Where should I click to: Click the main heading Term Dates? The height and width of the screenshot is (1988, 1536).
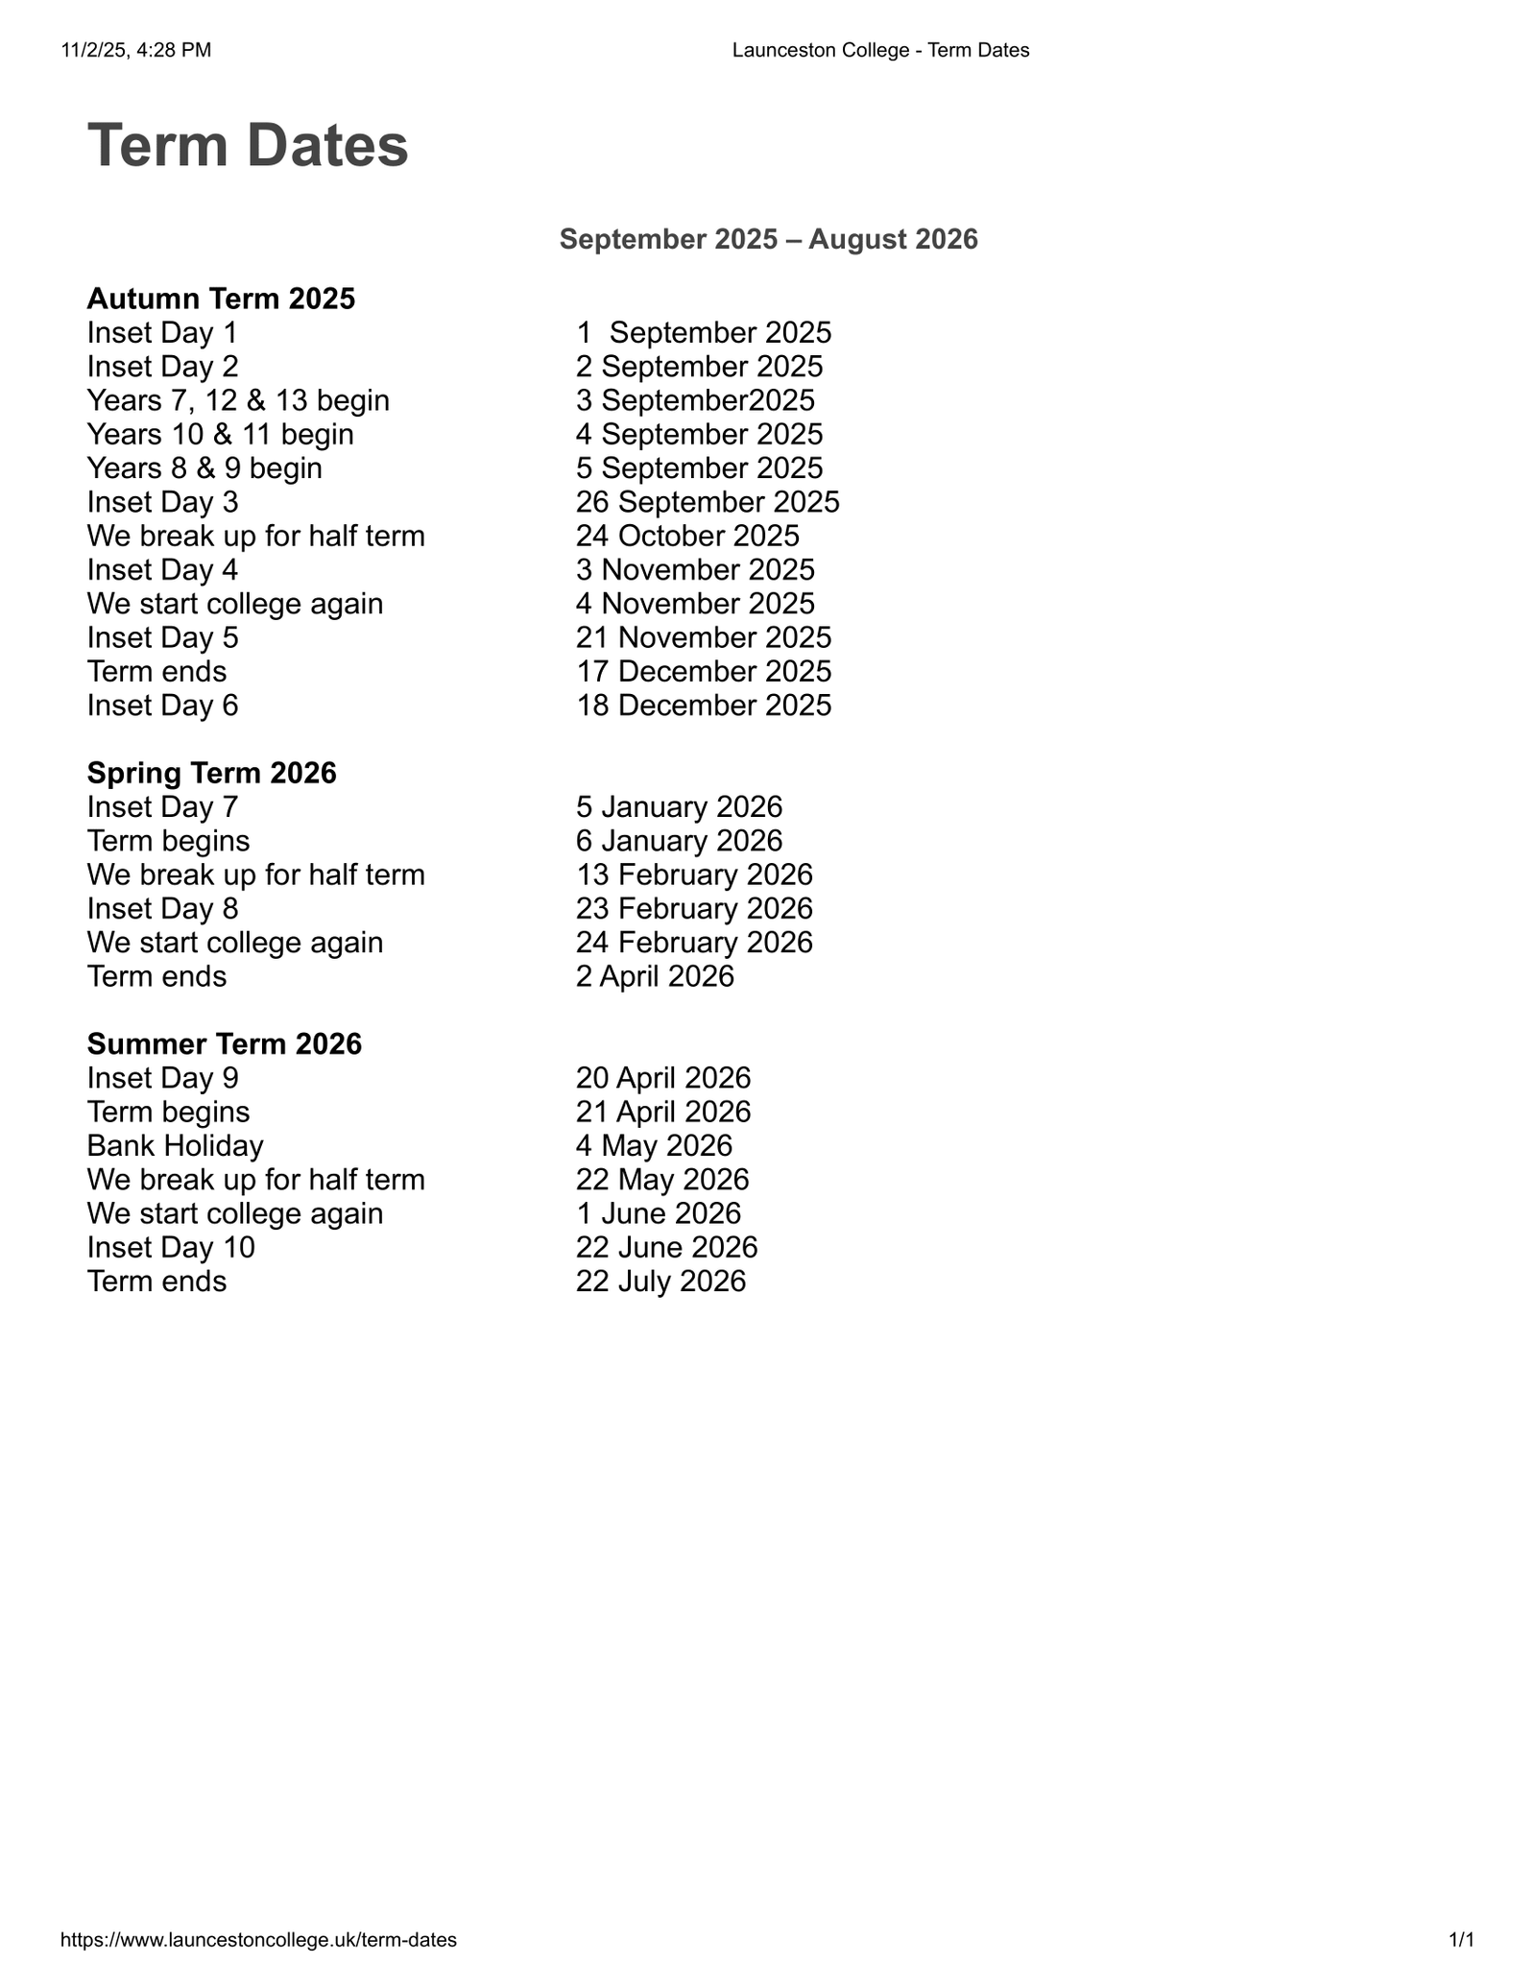tap(248, 146)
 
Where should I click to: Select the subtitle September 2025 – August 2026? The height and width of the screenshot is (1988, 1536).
tap(768, 239)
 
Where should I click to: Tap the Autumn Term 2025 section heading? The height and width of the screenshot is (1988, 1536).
tap(221, 299)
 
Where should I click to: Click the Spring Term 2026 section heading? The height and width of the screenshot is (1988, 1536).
tap(211, 773)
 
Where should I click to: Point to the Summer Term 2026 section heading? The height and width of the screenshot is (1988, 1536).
tap(224, 1043)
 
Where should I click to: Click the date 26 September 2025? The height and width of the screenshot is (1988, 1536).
tap(708, 502)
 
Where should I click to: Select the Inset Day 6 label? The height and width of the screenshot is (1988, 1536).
tap(162, 706)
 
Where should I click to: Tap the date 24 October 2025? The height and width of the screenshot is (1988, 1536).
tap(687, 536)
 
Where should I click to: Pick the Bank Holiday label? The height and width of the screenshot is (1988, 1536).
tap(175, 1145)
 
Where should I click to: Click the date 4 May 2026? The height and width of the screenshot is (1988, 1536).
tap(654, 1145)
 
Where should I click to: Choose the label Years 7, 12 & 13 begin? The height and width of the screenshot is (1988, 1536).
tap(238, 400)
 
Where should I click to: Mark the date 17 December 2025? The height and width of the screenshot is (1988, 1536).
tap(704, 671)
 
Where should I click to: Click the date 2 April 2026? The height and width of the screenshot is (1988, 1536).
tap(655, 976)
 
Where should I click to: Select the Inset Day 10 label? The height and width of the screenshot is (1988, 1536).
tap(171, 1247)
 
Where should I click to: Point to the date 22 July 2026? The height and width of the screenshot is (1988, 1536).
tap(660, 1281)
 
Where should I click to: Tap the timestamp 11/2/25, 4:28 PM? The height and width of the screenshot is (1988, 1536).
tap(136, 50)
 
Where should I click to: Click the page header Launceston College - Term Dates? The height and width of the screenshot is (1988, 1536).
tap(880, 50)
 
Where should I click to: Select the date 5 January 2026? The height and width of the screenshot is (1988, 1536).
tap(679, 806)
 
